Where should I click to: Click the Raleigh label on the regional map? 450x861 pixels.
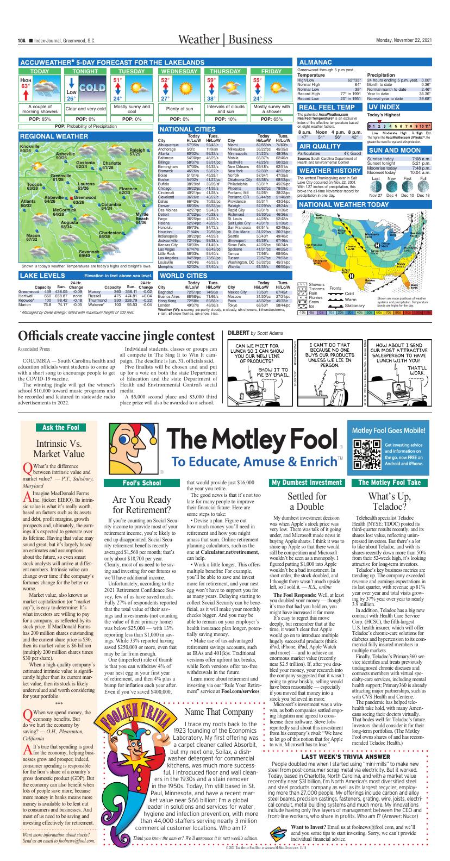pyautogui.click(x=138, y=152)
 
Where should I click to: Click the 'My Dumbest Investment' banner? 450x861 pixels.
pyautogui.click(x=307, y=482)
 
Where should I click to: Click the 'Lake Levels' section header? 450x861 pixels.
pyautogui.click(x=35, y=276)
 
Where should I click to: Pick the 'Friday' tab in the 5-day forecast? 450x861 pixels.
pyautogui.click(x=271, y=72)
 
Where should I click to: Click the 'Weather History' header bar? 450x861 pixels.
pyautogui.click(x=330, y=171)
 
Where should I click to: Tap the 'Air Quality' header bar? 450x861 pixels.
pyautogui.click(x=320, y=147)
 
